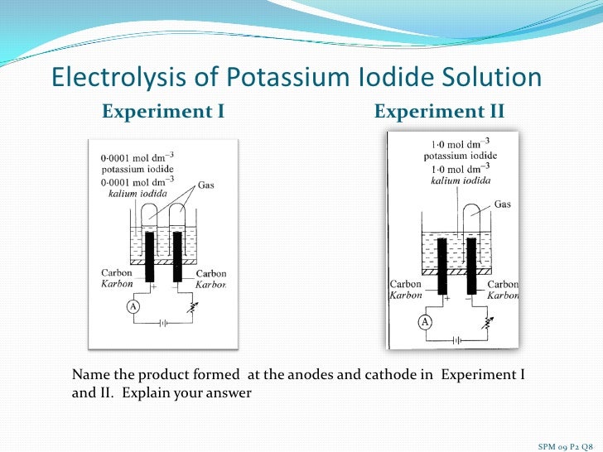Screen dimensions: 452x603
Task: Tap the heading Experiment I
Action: (163, 111)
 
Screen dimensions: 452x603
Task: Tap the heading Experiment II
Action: (439, 111)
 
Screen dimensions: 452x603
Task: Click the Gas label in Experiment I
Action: (205, 185)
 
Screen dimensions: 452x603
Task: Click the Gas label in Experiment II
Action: (503, 204)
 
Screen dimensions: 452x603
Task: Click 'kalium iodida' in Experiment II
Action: (461, 180)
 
